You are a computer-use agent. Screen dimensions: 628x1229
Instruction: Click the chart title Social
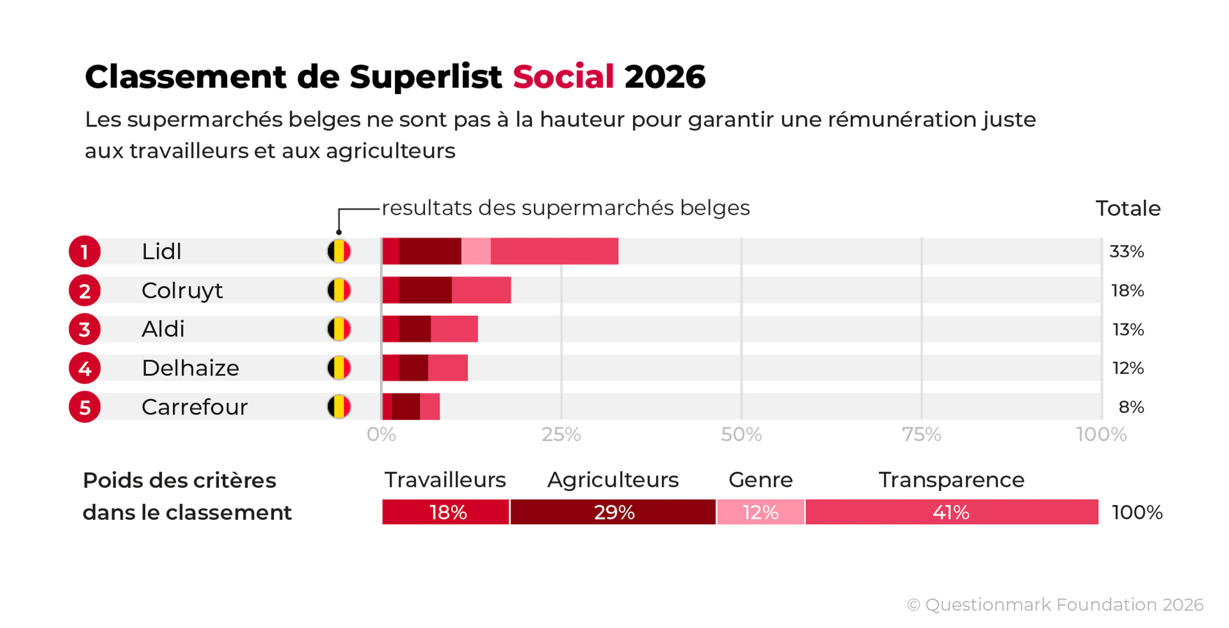point(563,76)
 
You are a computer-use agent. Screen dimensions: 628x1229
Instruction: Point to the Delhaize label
point(190,368)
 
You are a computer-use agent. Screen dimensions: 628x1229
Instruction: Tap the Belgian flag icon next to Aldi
point(339,329)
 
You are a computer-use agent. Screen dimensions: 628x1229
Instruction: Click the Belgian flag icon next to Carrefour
point(339,407)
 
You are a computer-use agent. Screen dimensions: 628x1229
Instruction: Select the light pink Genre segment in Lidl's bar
point(476,251)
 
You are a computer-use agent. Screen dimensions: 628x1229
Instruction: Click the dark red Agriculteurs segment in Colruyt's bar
point(425,290)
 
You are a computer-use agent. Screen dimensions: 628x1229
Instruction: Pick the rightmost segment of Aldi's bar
point(454,329)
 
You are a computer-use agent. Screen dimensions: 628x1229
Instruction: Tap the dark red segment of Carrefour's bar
point(406,407)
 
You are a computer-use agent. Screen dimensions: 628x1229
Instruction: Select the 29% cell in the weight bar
point(613,512)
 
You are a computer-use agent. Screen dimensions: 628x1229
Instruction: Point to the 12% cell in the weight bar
point(760,512)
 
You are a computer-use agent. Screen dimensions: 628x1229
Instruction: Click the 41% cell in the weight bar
point(952,512)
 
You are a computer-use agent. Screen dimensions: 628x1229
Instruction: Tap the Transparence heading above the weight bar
point(952,480)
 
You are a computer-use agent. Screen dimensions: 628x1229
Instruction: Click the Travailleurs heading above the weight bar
point(445,480)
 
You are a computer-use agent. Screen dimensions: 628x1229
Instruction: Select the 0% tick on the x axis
point(381,435)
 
